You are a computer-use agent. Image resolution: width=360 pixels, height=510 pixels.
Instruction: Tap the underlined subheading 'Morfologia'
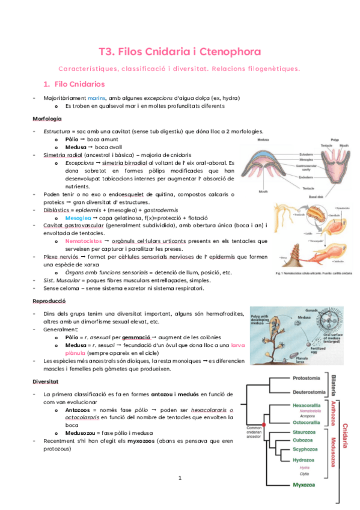(47, 118)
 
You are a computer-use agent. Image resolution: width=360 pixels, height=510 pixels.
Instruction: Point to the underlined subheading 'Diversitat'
(46, 381)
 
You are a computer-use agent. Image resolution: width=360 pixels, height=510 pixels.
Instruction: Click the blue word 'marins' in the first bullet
(96, 97)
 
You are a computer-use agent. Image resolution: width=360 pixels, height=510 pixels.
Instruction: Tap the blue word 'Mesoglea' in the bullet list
(79, 219)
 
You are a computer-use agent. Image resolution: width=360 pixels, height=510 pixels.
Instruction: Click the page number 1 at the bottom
(180, 478)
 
